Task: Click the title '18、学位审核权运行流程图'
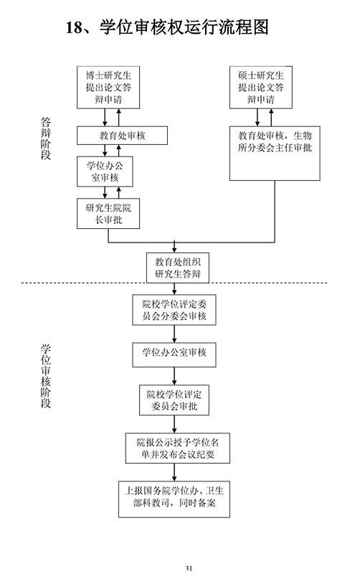pyautogui.click(x=167, y=27)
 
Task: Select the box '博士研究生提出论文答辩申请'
pyautogui.click(x=108, y=88)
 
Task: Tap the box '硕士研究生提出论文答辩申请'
pyautogui.click(x=261, y=88)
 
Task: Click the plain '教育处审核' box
pyautogui.click(x=122, y=136)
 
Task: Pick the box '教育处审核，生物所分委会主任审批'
pyautogui.click(x=275, y=154)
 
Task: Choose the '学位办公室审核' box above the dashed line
pyautogui.click(x=105, y=171)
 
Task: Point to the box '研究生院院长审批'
pyautogui.click(x=108, y=213)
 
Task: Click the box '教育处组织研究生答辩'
pyautogui.click(x=178, y=268)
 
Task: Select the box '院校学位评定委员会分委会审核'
pyautogui.click(x=174, y=310)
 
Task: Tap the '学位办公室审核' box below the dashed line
pyautogui.click(x=174, y=354)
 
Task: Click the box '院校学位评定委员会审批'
pyautogui.click(x=174, y=400)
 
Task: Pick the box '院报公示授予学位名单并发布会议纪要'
pyautogui.click(x=178, y=448)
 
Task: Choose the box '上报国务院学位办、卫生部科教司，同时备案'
pyautogui.click(x=174, y=499)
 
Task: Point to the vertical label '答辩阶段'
pyautogui.click(x=45, y=138)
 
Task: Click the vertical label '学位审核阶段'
pyautogui.click(x=45, y=376)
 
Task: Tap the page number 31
pyautogui.click(x=189, y=568)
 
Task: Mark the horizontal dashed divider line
pyautogui.click(x=174, y=283)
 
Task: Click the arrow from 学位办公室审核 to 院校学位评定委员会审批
pyautogui.click(x=174, y=376)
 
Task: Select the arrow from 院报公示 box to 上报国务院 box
pyautogui.click(x=174, y=472)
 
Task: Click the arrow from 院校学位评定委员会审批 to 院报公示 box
pyautogui.click(x=174, y=424)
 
